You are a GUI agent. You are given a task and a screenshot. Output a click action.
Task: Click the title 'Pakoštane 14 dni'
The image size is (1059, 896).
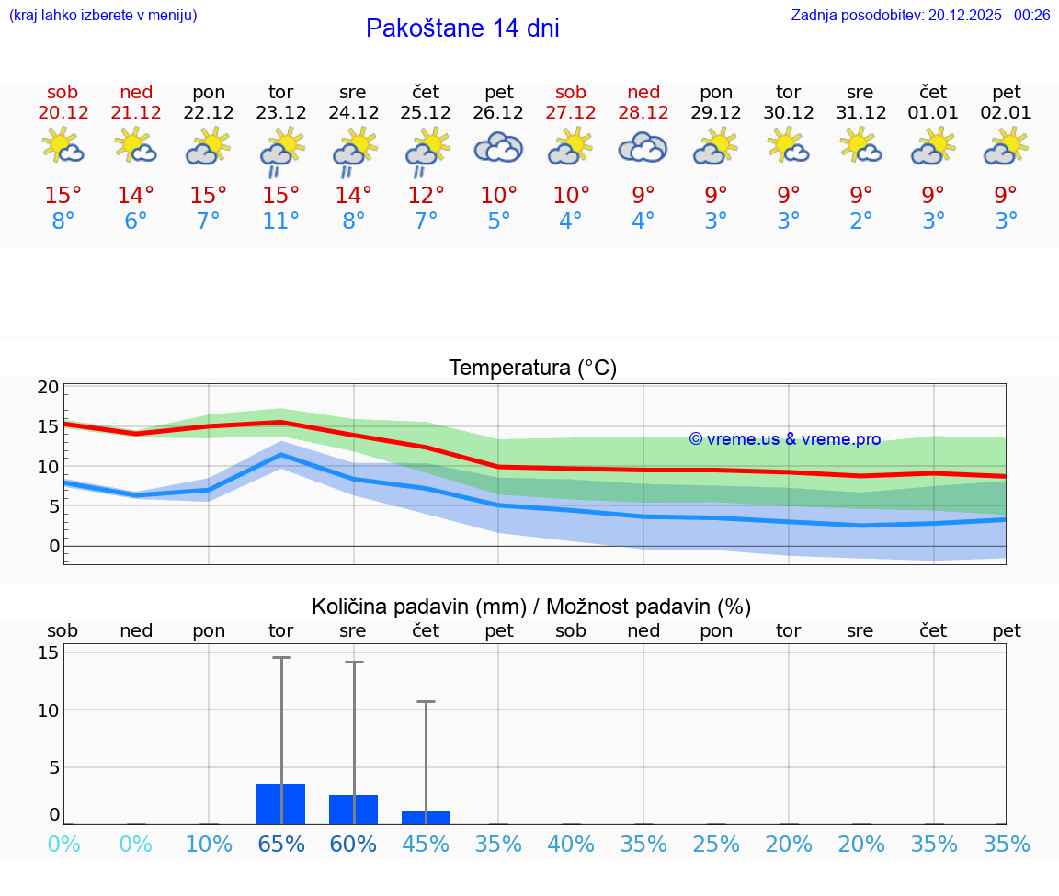click(462, 28)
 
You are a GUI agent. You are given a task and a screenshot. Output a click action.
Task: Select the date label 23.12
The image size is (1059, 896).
click(280, 113)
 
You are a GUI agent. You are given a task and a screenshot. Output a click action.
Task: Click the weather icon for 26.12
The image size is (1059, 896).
click(498, 148)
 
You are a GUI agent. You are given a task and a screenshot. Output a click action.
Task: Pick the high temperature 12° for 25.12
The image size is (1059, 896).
click(426, 195)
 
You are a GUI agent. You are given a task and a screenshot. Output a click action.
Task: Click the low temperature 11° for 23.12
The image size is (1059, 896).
click(280, 221)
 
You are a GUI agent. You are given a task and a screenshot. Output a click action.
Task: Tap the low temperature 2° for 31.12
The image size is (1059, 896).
click(860, 221)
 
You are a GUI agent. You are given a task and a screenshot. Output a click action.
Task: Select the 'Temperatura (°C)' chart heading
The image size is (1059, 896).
click(532, 369)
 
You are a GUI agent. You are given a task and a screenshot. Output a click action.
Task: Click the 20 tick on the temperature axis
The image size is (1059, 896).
click(48, 387)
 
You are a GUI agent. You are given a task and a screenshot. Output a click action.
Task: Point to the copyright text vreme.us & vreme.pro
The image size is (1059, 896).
click(785, 439)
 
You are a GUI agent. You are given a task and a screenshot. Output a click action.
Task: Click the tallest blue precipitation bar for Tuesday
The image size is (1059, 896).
click(280, 804)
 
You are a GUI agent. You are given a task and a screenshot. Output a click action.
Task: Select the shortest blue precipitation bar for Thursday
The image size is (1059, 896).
click(426, 817)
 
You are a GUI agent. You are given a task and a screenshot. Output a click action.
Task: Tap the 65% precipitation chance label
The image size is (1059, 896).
click(280, 844)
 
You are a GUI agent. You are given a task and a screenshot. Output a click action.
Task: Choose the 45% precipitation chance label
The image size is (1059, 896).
click(426, 844)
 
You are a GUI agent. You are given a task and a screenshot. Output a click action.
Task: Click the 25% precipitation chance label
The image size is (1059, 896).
click(716, 844)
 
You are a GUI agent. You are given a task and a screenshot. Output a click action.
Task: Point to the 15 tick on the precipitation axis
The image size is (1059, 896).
click(48, 652)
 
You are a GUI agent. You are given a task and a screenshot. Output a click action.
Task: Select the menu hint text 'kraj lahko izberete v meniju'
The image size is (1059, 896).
click(103, 15)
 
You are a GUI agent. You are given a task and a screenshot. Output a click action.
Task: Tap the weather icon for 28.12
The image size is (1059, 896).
click(643, 148)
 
